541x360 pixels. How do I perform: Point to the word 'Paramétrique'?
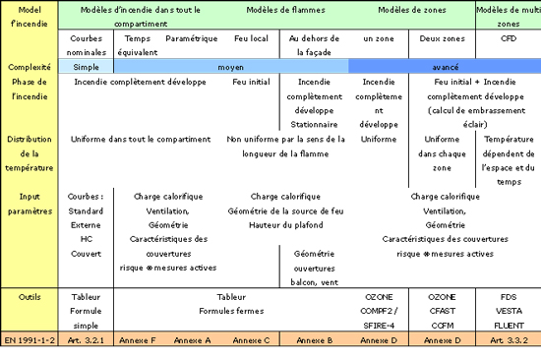pos(191,37)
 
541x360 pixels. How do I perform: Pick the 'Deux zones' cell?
pos(441,37)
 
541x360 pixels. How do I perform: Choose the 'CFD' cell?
pos(508,37)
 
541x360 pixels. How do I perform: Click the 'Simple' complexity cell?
pos(87,66)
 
